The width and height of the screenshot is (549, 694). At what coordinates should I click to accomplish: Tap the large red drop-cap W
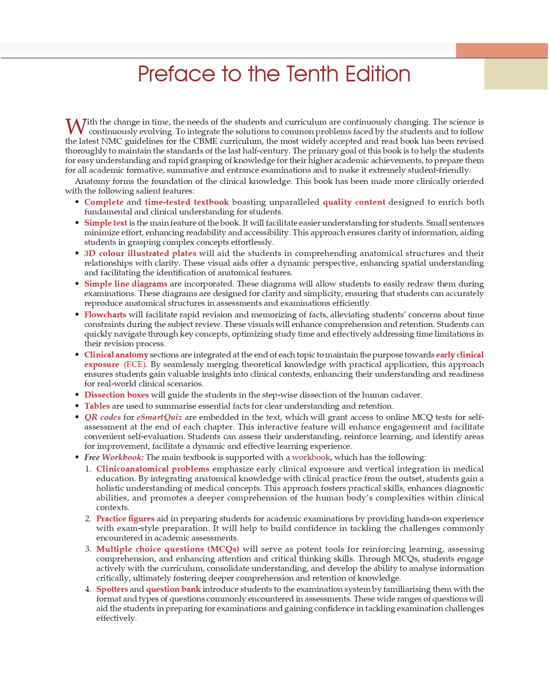[x=75, y=126]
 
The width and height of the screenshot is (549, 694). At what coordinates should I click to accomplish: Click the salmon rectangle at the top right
[x=502, y=51]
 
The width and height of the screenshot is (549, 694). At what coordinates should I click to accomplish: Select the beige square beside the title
[x=516, y=74]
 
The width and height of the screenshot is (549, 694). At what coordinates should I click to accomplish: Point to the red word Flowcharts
[x=105, y=314]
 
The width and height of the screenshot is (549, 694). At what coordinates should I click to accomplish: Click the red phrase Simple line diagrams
[x=126, y=284]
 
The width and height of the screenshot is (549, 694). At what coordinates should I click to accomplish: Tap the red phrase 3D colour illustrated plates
[x=140, y=253]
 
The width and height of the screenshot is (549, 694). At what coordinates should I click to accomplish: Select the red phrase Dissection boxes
[x=116, y=395]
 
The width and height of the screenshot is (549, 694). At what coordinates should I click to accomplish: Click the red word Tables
[x=97, y=406]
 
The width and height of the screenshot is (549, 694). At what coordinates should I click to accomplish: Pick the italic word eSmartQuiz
[x=159, y=417]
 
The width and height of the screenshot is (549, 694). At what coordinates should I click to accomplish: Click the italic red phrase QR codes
[x=102, y=417]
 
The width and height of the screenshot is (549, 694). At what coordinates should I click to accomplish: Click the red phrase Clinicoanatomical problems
[x=153, y=469]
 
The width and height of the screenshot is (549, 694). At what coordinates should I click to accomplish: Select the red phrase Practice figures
[x=125, y=519]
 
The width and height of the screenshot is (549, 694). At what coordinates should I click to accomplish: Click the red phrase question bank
[x=173, y=589]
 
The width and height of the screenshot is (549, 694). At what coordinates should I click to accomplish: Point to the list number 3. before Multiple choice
[x=88, y=549]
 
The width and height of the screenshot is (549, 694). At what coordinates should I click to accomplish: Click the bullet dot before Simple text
[x=77, y=223]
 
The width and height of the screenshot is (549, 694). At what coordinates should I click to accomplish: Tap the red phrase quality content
[x=354, y=202]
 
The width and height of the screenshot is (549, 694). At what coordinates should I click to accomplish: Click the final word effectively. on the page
[x=116, y=618]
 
